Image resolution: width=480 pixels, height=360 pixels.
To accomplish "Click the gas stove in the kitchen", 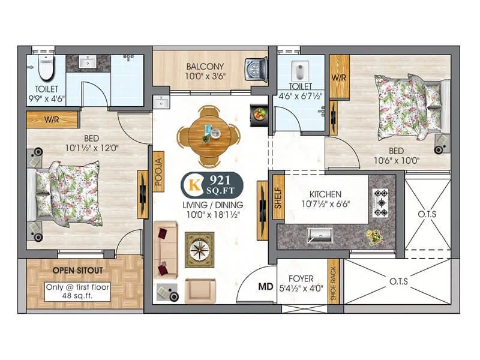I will (381, 202).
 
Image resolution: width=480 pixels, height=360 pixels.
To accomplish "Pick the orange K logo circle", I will (194, 184).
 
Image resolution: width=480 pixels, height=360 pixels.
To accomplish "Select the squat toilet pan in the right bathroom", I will (298, 71).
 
